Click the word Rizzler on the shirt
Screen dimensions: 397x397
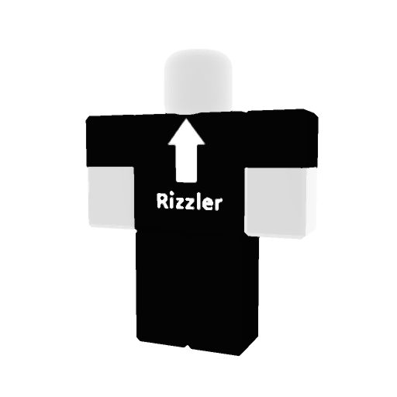[189, 202]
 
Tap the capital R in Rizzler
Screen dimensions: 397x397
[162, 201]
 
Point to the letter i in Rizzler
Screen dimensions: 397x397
[171, 201]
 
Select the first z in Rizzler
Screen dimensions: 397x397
[181, 203]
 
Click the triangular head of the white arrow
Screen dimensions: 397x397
[186, 134]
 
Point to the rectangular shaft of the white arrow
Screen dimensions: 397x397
[186, 163]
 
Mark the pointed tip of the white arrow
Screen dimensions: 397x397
[186, 118]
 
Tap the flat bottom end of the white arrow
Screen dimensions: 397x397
[186, 181]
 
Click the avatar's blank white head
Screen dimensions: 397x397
[198, 81]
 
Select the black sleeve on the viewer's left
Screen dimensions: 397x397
[111, 142]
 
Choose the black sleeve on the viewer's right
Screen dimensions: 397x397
[281, 139]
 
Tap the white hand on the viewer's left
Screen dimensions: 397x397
[112, 198]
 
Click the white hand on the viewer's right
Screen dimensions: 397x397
[281, 202]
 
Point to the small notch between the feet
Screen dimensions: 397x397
[188, 346]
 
